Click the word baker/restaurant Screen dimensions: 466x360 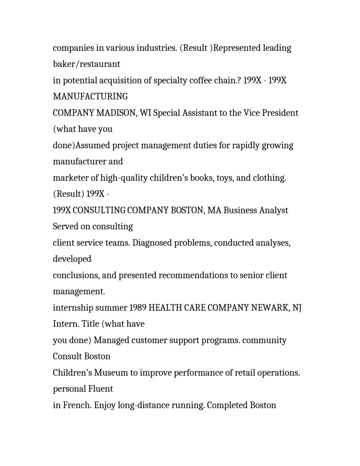86,64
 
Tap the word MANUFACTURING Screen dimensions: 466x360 90,97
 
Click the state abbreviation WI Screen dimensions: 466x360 145,113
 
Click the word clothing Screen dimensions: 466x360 270,178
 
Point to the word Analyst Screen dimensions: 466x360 274,210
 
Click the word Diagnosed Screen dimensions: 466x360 153,243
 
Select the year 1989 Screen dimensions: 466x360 138,308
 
